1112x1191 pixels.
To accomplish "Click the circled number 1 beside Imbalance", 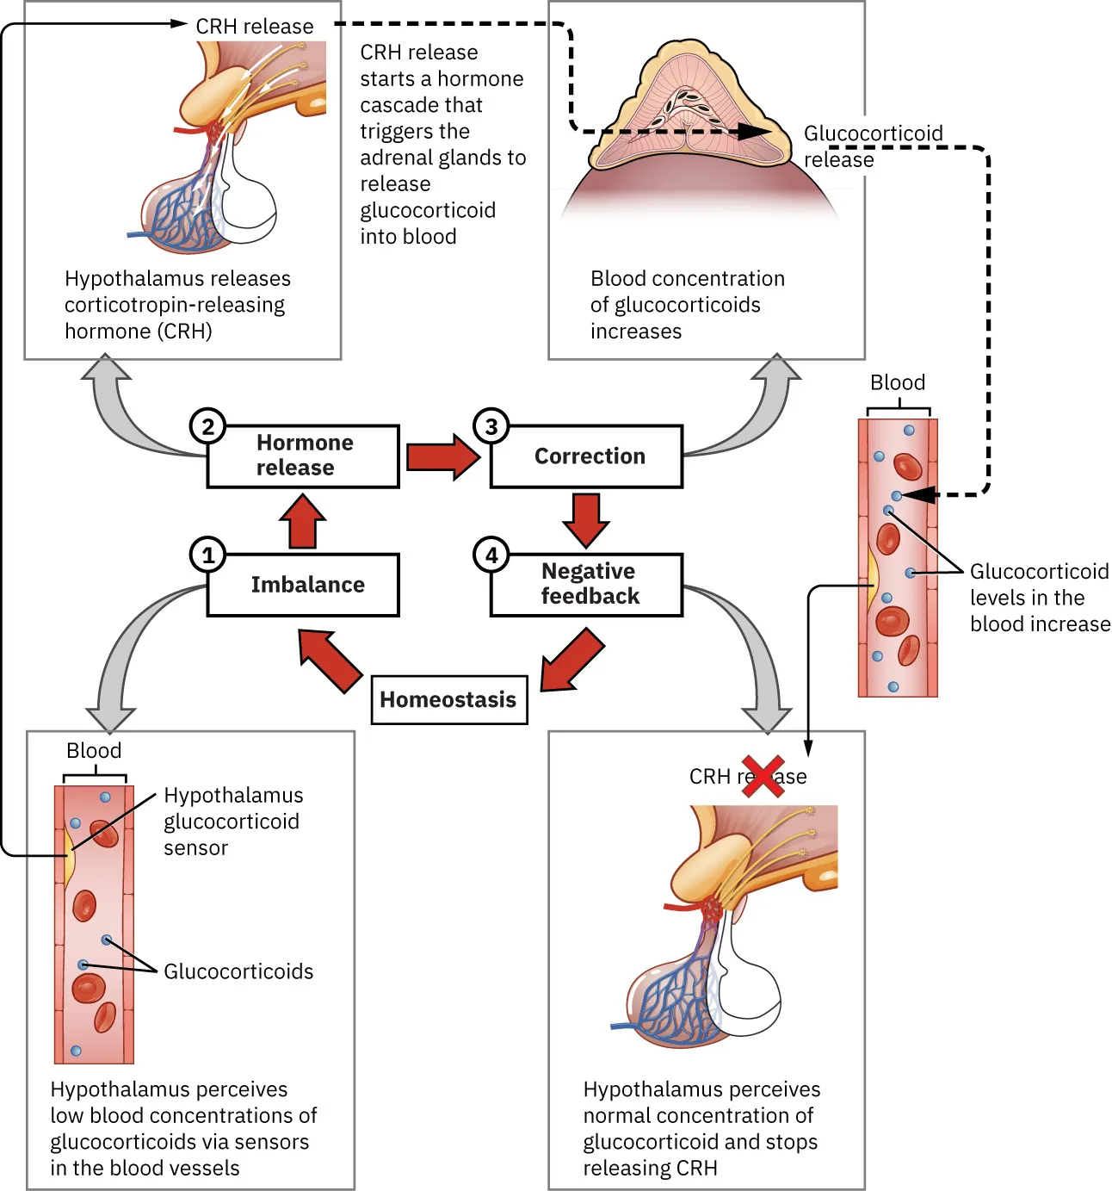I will pyautogui.click(x=207, y=555).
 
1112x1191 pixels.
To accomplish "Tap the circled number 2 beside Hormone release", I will pyautogui.click(x=207, y=425).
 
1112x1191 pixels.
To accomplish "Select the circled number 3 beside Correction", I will pyautogui.click(x=491, y=425).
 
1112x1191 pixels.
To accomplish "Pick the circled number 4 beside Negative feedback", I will pyautogui.click(x=491, y=555).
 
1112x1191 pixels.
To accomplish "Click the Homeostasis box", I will pyautogui.click(x=448, y=699).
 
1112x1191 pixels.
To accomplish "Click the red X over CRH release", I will pyautogui.click(x=763, y=776).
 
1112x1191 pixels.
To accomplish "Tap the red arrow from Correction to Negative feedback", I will pyautogui.click(x=586, y=519).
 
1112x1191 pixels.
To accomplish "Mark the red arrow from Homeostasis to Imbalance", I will pyautogui.click(x=329, y=660).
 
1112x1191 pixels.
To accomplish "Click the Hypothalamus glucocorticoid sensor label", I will pyautogui.click(x=232, y=821).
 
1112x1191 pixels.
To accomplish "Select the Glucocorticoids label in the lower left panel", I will pyautogui.click(x=238, y=971).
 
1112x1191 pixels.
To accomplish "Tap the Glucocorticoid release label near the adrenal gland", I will pyautogui.click(x=872, y=146).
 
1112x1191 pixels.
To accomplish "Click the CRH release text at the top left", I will pyautogui.click(x=255, y=27).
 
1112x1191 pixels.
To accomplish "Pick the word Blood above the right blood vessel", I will pyautogui.click(x=898, y=382).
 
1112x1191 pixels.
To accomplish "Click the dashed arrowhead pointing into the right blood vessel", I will pyautogui.click(x=918, y=495).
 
